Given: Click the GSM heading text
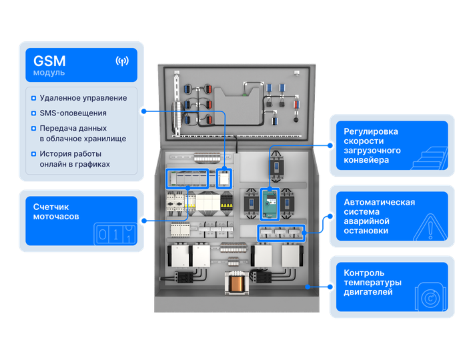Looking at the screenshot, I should tap(49, 60).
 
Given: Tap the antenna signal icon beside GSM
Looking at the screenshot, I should tap(122, 61).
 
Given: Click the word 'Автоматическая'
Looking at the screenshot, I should tap(379, 203).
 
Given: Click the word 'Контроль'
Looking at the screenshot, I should tap(364, 273).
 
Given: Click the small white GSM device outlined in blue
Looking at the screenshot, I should tap(224, 177).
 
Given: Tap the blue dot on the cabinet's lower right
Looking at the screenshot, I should tap(308, 287).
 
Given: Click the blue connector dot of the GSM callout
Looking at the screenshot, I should tap(143, 109).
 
